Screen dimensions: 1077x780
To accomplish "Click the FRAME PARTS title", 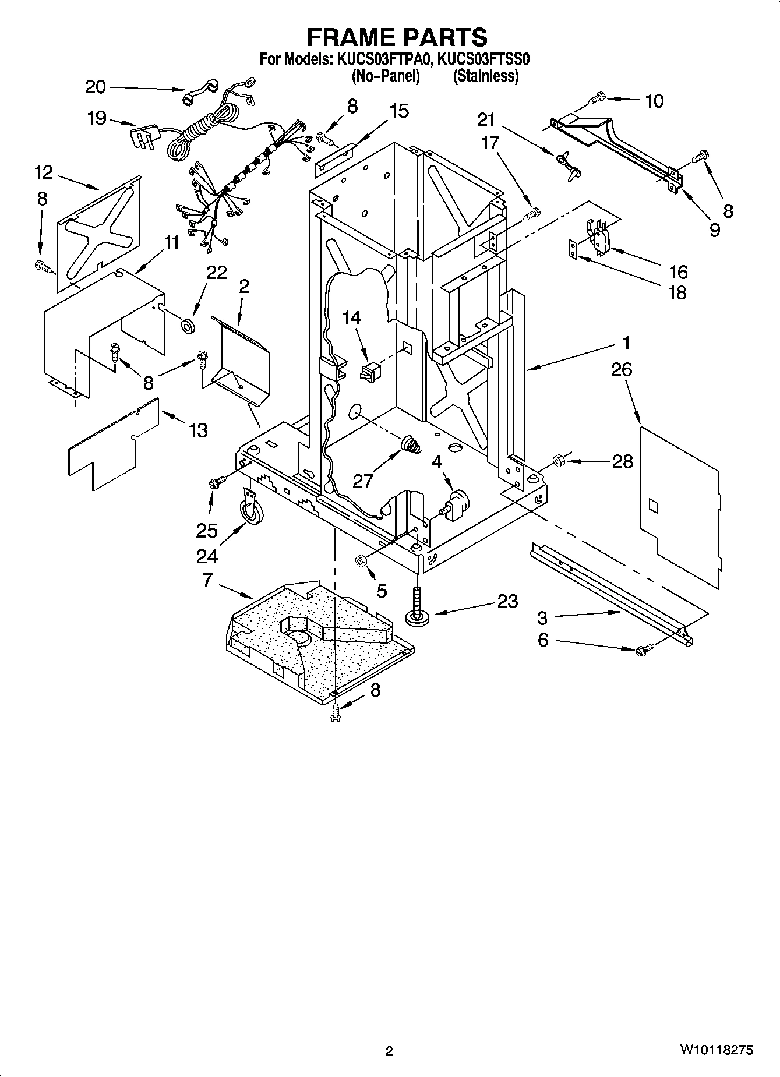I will click(x=397, y=37).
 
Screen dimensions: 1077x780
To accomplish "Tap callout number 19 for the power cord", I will click(x=97, y=118).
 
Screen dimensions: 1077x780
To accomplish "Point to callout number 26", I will click(x=622, y=369).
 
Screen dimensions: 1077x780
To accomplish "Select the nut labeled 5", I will click(x=360, y=560).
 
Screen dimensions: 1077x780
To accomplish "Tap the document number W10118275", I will click(x=716, y=1050).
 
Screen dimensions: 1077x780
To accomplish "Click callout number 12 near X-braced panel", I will click(x=44, y=172).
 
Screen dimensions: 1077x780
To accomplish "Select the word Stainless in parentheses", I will click(x=486, y=76).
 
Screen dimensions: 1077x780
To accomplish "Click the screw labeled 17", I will click(x=531, y=214).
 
